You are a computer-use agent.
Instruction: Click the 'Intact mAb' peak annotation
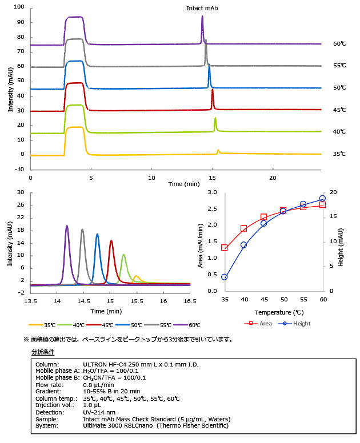[202, 9]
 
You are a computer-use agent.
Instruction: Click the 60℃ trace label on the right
[340, 44]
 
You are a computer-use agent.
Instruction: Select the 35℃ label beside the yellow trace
[340, 154]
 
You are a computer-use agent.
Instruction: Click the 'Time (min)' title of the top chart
[183, 184]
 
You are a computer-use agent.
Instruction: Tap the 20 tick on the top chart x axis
[273, 178]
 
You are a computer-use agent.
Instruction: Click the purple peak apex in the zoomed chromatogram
[67, 225]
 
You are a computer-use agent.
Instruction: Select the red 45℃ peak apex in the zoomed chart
[111, 240]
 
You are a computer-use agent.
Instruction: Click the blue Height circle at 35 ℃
[225, 277]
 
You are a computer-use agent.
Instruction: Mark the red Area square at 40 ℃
[244, 228]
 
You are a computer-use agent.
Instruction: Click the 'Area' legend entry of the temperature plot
[261, 323]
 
